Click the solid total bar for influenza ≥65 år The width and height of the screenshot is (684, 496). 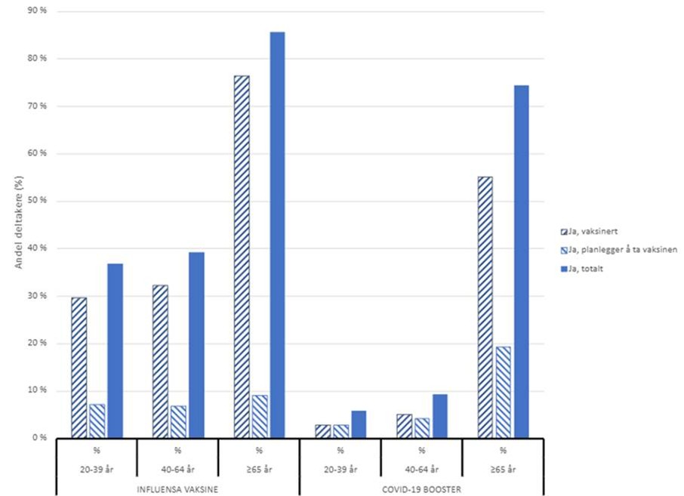pos(277,234)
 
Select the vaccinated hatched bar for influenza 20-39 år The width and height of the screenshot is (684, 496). pos(79,367)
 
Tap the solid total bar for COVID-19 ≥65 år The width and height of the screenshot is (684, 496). pos(521,261)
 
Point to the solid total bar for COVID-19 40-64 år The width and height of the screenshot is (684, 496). pos(439,416)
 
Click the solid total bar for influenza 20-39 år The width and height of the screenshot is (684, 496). pos(115,350)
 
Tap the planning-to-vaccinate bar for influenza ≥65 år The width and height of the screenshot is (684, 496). pos(259,416)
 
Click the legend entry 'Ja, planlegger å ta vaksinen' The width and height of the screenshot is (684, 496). pos(618,250)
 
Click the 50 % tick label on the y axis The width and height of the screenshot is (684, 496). pos(37,201)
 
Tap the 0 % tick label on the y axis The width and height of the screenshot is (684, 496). pos(39,438)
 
